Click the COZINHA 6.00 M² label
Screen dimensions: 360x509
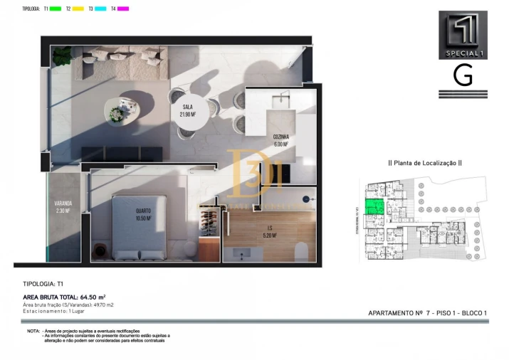(280, 139)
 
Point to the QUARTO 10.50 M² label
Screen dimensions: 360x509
(144, 214)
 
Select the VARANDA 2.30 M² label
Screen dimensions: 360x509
(63, 206)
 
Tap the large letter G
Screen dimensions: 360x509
(463, 75)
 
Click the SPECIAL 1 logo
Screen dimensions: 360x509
(463, 35)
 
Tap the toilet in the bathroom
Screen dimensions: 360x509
(300, 250)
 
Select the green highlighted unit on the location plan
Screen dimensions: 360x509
(373, 207)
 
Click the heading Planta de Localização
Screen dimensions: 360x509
(425, 163)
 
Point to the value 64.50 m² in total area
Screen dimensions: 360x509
(92, 297)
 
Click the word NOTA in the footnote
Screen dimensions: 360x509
(33, 332)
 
